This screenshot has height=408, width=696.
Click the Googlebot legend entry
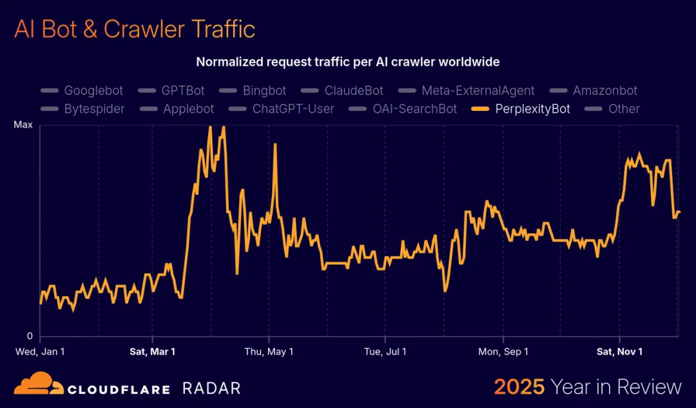point(82,91)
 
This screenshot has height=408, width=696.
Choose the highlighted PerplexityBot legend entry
point(521,109)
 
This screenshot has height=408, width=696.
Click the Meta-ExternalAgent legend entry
point(467,91)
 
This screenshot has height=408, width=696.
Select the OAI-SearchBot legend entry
point(403,109)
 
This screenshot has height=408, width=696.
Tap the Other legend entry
point(612,109)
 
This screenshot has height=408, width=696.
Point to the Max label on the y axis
point(23,125)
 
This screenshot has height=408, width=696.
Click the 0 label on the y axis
point(29,336)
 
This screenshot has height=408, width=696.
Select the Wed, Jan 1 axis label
point(40,351)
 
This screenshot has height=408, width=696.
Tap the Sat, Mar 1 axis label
point(152,351)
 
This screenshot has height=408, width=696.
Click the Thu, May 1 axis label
point(269,351)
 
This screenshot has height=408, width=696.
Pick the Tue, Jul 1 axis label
point(385,351)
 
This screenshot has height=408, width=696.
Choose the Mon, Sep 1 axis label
point(503,351)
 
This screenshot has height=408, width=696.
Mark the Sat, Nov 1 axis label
point(619,351)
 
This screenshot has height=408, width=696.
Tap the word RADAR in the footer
point(211,388)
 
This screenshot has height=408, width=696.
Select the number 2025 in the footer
point(519,387)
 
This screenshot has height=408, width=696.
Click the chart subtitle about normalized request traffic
point(348,62)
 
